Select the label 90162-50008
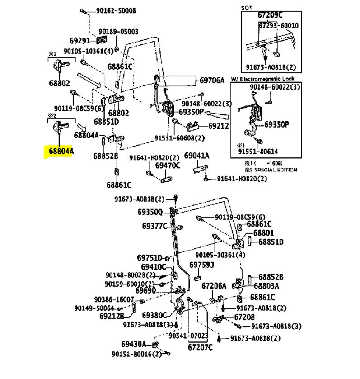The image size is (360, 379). click(x=112, y=10)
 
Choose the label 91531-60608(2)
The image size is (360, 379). click(x=179, y=138)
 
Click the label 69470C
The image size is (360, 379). click(x=168, y=166)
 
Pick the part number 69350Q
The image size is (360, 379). click(x=150, y=212)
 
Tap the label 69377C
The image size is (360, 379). click(x=154, y=226)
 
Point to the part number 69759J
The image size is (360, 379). click(x=201, y=264)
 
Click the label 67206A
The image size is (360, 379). click(x=214, y=286)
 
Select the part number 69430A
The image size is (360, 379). click(x=134, y=344)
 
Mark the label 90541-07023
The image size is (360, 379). click(x=188, y=336)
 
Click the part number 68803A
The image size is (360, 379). click(x=266, y=286)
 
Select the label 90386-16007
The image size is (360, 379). click(x=114, y=299)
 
